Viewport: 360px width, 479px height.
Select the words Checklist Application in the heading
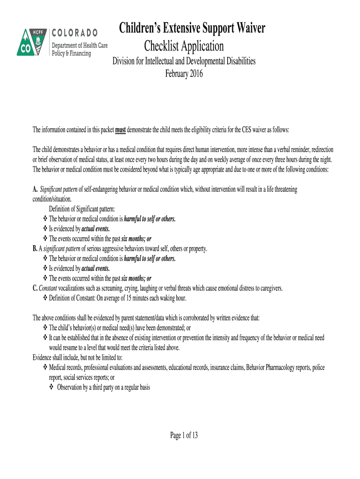[184, 46]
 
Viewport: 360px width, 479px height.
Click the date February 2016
[184, 73]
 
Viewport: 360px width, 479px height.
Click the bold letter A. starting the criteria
[35, 189]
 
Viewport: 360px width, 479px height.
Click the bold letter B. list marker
[35, 248]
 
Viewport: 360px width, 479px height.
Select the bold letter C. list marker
[35, 288]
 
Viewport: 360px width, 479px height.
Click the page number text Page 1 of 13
[184, 435]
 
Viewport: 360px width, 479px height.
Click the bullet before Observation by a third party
[51, 387]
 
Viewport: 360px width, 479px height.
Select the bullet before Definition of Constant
[45, 298]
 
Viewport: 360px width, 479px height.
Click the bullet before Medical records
[45, 368]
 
